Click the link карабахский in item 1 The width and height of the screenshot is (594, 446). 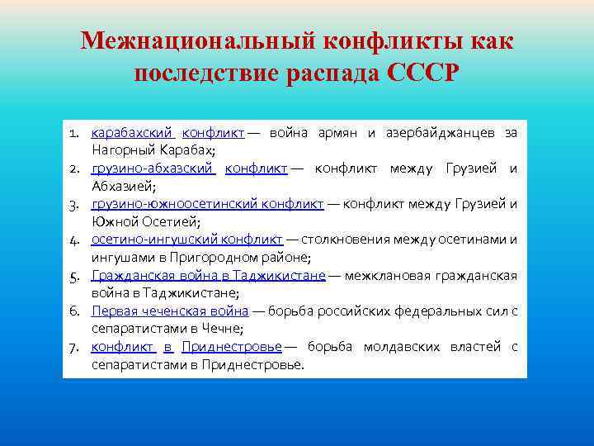132,132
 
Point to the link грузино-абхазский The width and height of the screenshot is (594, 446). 153,168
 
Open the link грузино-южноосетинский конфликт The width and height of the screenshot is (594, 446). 207,204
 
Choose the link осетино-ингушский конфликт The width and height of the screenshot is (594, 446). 186,240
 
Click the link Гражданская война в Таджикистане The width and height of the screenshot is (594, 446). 209,275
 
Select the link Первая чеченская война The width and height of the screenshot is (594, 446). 170,311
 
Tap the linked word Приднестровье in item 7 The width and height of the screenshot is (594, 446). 232,347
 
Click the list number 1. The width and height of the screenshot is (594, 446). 73,133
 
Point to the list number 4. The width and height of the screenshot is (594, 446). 73,240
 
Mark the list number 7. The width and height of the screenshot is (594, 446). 73,347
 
